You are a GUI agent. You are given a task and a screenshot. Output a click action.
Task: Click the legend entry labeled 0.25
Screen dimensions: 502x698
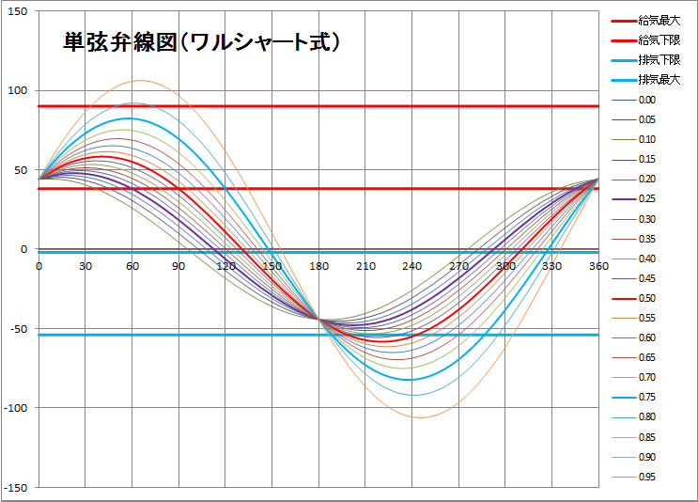(647, 198)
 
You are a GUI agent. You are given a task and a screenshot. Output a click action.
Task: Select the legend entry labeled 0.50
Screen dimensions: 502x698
(647, 298)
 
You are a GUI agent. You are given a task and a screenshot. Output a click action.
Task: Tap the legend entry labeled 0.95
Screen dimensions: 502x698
(647, 477)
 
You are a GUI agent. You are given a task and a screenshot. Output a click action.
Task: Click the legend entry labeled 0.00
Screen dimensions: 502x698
(647, 100)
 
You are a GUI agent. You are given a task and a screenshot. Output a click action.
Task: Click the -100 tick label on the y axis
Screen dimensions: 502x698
(17, 408)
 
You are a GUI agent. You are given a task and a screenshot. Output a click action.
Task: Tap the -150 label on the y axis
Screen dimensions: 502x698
(17, 487)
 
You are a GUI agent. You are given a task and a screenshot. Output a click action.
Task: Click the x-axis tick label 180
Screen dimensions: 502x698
(318, 266)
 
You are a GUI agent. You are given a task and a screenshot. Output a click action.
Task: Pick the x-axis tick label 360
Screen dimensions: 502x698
(597, 266)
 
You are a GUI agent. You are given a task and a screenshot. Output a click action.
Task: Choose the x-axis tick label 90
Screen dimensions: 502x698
(178, 266)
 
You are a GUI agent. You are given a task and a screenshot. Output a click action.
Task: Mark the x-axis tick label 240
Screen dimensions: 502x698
(411, 266)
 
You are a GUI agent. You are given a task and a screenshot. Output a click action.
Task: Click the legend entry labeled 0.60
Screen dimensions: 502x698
(647, 337)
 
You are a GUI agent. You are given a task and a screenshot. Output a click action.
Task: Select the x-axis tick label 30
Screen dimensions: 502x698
(85, 266)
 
